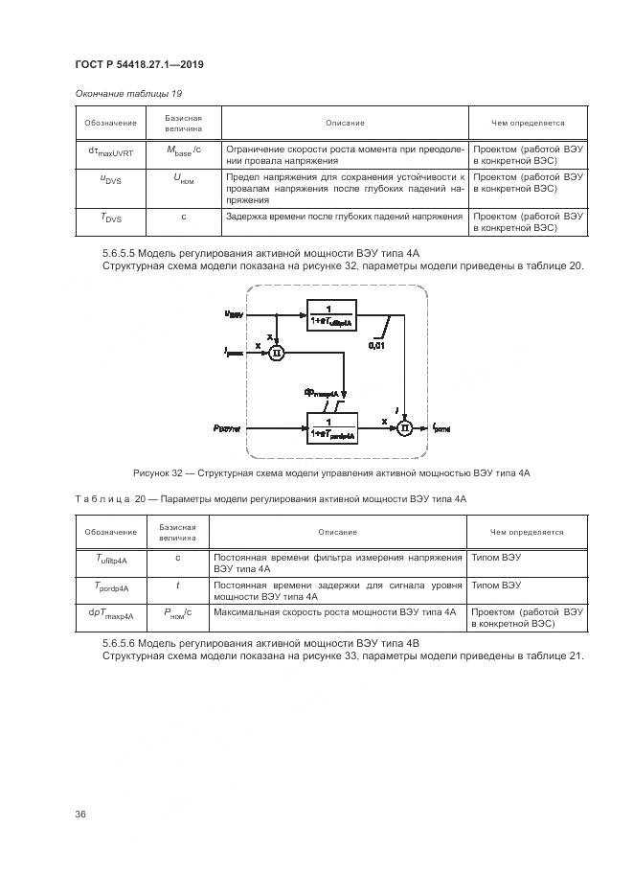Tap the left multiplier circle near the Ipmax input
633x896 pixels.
tap(277, 353)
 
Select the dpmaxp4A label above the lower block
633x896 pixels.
tap(320, 392)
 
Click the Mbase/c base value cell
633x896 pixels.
tap(183, 153)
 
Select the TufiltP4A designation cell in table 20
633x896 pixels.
tap(111, 562)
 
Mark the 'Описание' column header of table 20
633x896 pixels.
tap(338, 532)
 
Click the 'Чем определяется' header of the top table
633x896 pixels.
tap(528, 123)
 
